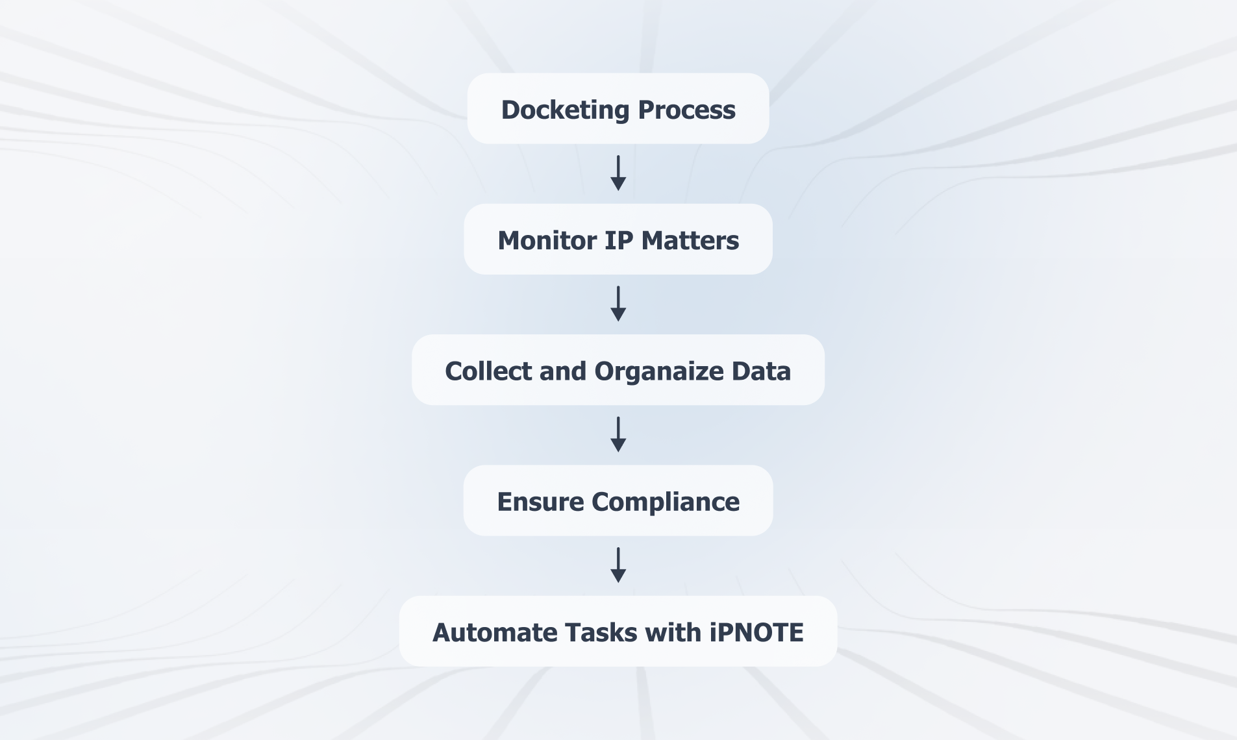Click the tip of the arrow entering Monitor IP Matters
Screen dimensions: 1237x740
tap(618, 191)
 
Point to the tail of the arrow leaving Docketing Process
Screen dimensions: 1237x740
tap(618, 156)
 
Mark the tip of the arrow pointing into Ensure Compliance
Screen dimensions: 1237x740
tap(618, 452)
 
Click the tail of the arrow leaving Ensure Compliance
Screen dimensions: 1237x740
tap(618, 548)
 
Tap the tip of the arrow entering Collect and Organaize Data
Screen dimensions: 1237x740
tap(618, 321)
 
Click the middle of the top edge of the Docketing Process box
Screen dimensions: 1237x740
tap(618, 73)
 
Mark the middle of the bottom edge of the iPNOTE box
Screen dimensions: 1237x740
tap(618, 666)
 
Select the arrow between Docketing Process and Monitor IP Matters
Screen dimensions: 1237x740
tap(618, 173)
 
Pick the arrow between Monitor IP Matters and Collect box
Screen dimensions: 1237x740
tap(618, 304)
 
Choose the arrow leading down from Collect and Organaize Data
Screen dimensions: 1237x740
tap(618, 435)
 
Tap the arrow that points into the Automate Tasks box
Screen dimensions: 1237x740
tap(618, 565)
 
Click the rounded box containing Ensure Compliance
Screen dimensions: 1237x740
tap(618, 500)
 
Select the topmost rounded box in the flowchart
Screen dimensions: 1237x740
tap(618, 108)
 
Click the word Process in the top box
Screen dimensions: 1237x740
tap(686, 110)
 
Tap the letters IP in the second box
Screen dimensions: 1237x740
tap(619, 241)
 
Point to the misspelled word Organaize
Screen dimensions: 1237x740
tap(658, 372)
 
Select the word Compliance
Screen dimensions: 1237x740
tap(666, 502)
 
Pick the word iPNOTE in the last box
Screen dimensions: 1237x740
tap(756, 633)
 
